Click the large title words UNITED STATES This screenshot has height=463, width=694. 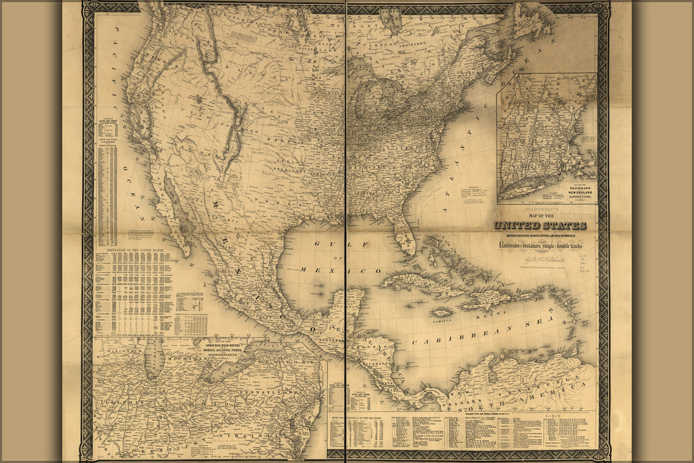(x=539, y=226)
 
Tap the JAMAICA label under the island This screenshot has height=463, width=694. (x=442, y=319)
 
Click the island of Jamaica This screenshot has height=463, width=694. (x=442, y=311)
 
